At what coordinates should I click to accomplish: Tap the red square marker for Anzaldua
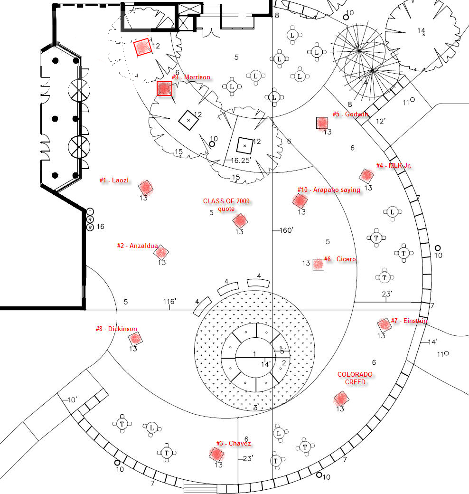(x=161, y=252)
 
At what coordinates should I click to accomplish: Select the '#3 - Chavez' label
(x=233, y=443)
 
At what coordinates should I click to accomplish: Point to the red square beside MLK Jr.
(x=366, y=175)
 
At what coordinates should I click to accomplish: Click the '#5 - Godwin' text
(x=350, y=114)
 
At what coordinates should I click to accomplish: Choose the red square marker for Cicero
(x=318, y=264)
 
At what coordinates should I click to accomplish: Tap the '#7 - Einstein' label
(x=409, y=321)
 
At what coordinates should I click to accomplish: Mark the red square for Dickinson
(x=135, y=339)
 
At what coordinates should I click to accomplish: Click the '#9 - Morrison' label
(x=191, y=77)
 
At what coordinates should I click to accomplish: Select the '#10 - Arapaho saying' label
(x=329, y=190)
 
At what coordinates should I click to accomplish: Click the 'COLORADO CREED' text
(x=355, y=378)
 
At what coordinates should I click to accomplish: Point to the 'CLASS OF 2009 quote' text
(x=226, y=205)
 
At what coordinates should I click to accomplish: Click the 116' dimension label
(x=170, y=302)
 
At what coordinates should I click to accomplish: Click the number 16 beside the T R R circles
(x=100, y=227)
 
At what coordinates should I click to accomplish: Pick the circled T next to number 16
(x=90, y=211)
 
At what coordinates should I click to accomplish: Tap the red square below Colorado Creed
(x=340, y=398)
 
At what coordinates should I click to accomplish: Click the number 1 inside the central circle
(x=254, y=353)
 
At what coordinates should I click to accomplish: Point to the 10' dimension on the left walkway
(x=72, y=400)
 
